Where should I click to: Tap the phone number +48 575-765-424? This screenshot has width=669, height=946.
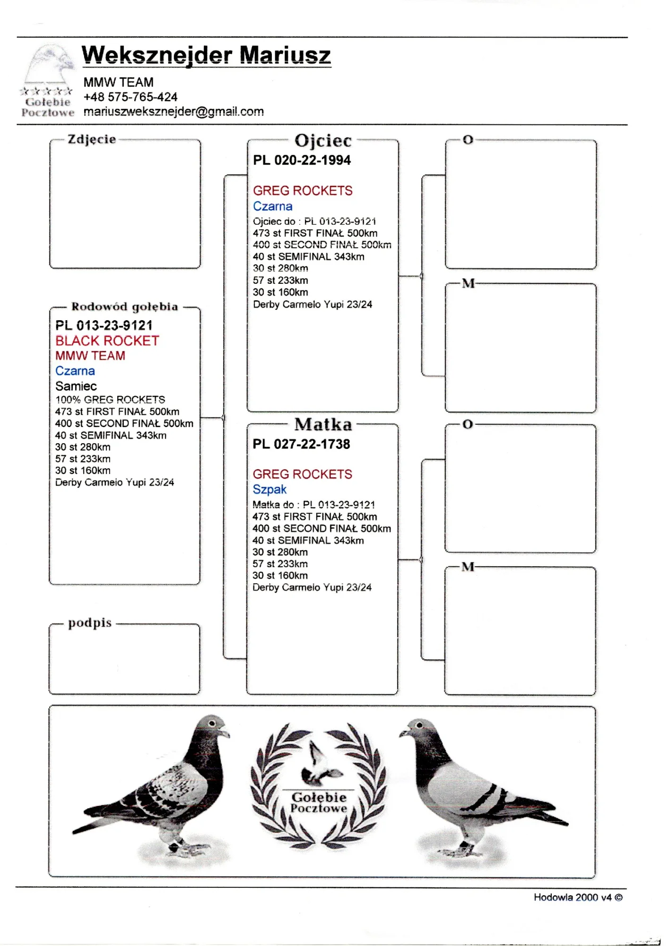tap(130, 97)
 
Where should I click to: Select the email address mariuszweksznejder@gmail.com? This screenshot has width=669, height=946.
tap(174, 112)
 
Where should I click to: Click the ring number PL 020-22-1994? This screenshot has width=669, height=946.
tap(302, 160)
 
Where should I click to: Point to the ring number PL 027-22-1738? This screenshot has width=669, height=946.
tap(301, 444)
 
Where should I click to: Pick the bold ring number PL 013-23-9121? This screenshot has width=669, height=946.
tap(104, 325)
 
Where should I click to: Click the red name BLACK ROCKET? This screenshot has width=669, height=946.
tap(107, 341)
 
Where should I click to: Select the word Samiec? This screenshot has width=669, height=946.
tap(76, 386)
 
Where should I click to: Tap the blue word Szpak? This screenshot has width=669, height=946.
tap(269, 490)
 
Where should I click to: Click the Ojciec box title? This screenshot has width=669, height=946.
tap(323, 140)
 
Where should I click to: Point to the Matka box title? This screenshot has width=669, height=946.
tap(323, 424)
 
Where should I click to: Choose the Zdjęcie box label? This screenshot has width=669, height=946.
tap(92, 140)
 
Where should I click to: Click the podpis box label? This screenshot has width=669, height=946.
tap(90, 623)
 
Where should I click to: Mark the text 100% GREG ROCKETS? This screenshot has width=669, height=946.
tap(110, 400)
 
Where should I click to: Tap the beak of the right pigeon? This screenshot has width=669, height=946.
tap(403, 733)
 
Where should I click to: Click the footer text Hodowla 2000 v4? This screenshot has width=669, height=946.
tap(573, 897)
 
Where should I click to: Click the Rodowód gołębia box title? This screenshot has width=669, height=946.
tap(125, 307)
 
